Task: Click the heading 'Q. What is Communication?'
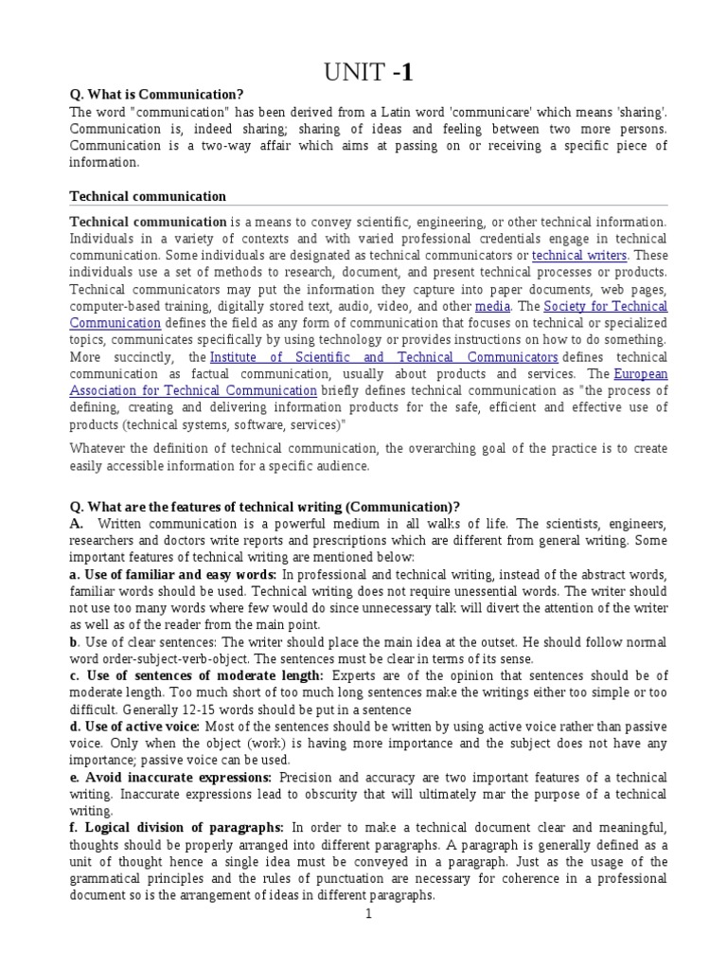point(156,94)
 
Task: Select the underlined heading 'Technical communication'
point(148,196)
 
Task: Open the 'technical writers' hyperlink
point(578,256)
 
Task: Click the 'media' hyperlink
point(492,307)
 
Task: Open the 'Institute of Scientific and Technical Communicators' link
point(383,357)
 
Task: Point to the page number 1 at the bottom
point(369,915)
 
